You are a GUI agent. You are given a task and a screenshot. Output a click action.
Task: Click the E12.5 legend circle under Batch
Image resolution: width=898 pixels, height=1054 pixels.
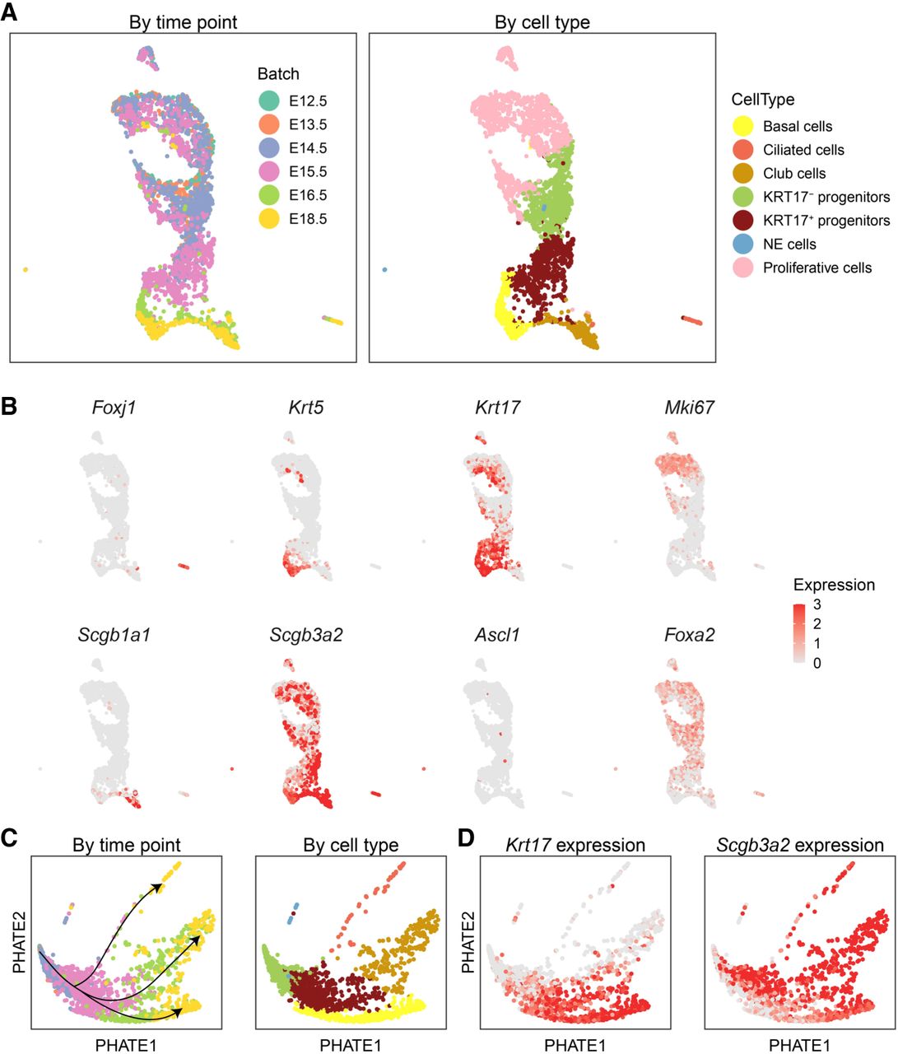pos(268,100)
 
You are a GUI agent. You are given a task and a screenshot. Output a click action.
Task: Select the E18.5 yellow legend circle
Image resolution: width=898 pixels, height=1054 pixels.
pos(268,219)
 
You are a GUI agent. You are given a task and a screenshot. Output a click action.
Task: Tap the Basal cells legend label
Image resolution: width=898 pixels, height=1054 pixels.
pos(798,126)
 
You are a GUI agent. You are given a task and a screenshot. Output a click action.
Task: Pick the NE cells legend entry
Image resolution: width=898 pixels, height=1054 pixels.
pos(789,245)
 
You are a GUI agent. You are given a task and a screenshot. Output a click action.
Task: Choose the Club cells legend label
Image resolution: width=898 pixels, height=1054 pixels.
pos(794,174)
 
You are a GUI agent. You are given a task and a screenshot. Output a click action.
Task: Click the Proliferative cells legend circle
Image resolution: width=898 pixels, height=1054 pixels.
pos(743,268)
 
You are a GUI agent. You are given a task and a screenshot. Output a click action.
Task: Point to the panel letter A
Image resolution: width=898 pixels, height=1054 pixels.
pos(9,12)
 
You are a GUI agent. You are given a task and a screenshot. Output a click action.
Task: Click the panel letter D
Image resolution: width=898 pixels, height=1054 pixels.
pos(466,838)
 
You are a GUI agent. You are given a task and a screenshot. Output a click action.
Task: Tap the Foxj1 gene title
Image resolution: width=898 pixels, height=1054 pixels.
pos(114,408)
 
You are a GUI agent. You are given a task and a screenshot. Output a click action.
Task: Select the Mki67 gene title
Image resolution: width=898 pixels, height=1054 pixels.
pos(689,408)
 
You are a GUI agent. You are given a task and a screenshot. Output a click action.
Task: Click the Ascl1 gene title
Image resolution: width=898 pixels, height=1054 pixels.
pos(497,635)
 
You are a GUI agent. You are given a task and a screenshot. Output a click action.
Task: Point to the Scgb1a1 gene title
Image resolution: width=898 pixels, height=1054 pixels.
pos(114,635)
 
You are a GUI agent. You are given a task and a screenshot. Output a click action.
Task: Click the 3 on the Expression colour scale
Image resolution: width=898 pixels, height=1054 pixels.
pos(817,604)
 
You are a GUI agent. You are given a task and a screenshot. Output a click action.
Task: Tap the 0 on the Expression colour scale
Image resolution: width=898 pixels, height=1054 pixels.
pos(817,664)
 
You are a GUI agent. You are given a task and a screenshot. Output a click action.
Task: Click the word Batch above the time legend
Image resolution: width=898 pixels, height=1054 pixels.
pos(278,74)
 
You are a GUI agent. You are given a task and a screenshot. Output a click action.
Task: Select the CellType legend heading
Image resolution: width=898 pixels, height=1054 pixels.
pos(762,100)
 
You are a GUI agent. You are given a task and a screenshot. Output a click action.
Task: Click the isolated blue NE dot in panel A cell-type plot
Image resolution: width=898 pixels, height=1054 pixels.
pos(384,269)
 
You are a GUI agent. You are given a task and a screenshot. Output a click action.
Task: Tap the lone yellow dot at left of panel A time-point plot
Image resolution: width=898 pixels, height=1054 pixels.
pos(26,269)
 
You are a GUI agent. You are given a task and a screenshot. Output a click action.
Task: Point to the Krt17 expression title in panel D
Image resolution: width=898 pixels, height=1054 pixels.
pos(575,845)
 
